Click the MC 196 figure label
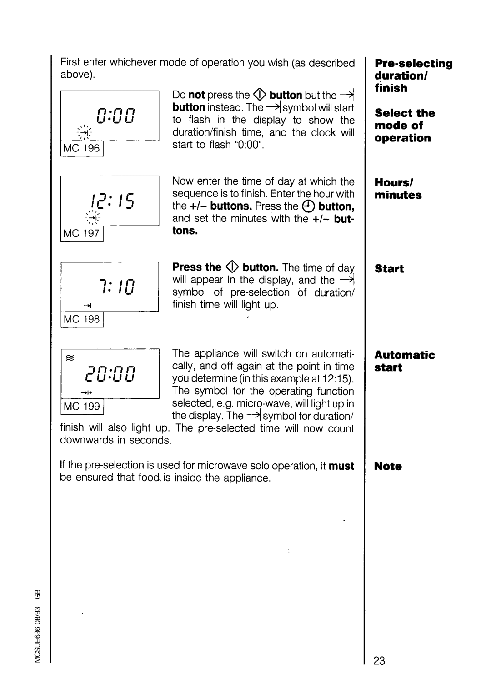coord(82,148)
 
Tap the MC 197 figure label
coord(82,233)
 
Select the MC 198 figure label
coord(82,319)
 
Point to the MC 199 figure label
coord(82,406)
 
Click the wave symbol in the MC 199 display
coord(70,358)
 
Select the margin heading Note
coord(388,466)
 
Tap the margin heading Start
coord(389,269)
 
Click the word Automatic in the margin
coord(405,355)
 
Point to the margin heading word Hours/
coord(393,183)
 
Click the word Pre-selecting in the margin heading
coord(413,64)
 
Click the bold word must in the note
coord(341,466)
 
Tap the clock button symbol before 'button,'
coord(309,206)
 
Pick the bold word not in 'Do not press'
coord(197,95)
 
